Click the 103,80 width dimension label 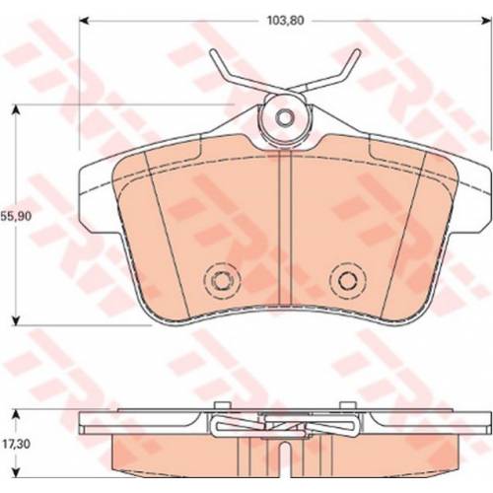coord(285,21)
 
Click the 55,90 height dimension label coord(16,216)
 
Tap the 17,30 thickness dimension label coord(16,444)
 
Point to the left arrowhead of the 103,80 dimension coord(84,21)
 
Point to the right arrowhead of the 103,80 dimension coord(487,21)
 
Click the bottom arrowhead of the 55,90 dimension coord(15,320)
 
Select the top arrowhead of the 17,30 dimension coord(15,414)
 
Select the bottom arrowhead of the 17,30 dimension coord(15,473)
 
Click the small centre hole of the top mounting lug coord(285,116)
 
